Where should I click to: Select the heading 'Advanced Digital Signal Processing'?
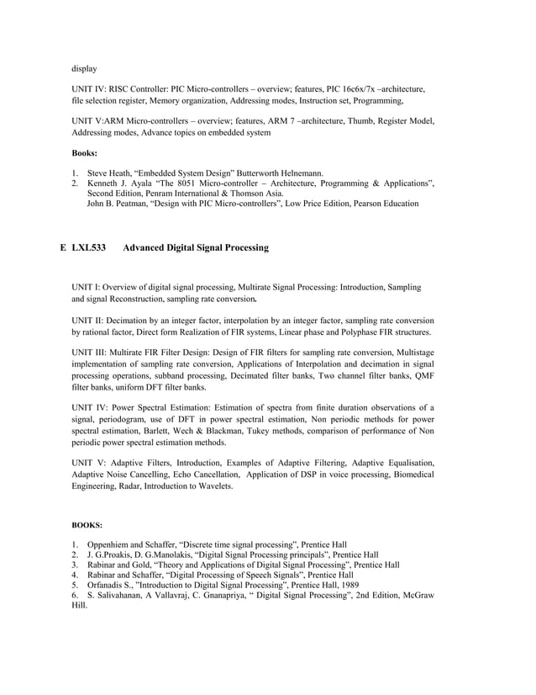pyautogui.click(x=196, y=248)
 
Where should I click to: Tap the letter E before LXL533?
pyautogui.click(x=64, y=248)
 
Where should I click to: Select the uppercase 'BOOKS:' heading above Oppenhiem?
pyautogui.click(x=87, y=525)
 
